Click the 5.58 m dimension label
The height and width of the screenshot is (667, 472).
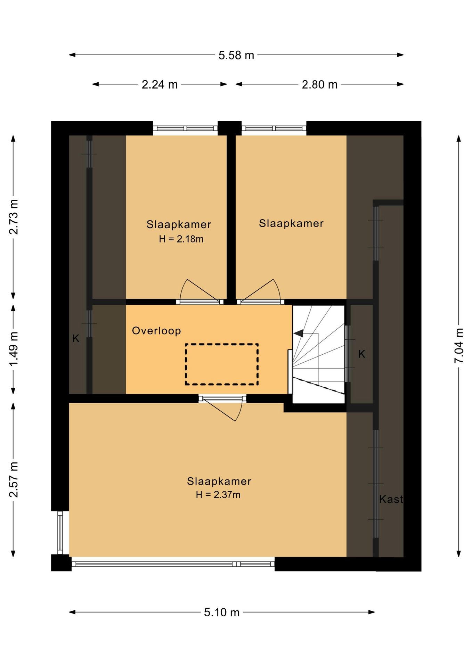point(236,55)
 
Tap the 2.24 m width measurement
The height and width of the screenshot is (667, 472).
point(160,84)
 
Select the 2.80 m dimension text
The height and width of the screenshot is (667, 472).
point(319,84)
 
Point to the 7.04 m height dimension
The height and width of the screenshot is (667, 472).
point(459,346)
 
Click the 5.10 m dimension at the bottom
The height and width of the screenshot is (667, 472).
point(222,612)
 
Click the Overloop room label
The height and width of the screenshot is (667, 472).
point(156,330)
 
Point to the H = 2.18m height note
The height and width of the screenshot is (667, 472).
point(181,239)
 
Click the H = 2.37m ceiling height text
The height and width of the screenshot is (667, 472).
point(218,494)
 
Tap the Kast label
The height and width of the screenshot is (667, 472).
point(391,499)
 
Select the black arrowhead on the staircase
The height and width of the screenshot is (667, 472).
point(298,333)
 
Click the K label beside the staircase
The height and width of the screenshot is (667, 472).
point(361,354)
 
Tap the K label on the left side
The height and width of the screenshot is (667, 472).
point(76,338)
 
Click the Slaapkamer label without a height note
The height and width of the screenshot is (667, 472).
point(291,223)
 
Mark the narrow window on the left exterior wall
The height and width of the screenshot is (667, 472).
point(60,533)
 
